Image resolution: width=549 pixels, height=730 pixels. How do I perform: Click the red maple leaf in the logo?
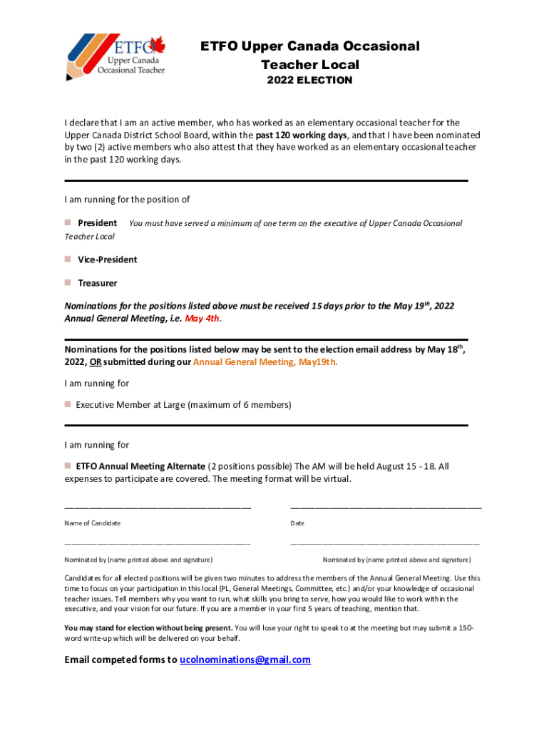coord(158,46)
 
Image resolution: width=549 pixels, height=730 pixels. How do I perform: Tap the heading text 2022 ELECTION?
coord(309,81)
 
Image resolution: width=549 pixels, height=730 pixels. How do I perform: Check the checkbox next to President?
coord(68,223)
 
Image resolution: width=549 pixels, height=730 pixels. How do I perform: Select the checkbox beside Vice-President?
coord(68,259)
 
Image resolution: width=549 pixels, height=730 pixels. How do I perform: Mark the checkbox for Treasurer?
coord(68,283)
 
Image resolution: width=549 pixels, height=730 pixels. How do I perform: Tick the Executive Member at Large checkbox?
coord(68,404)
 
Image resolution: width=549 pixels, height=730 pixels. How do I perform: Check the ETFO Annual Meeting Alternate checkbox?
coord(68,466)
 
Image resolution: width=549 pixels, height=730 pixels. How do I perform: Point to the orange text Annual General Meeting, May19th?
coord(265,361)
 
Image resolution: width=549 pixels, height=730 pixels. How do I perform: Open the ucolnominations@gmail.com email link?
coord(245,659)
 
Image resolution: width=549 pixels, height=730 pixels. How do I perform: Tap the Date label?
coord(297,523)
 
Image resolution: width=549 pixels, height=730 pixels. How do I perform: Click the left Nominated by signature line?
coord(158,545)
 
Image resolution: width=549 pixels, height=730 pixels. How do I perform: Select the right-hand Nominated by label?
coord(396,560)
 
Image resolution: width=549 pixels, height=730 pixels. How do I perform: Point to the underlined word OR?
coord(95,361)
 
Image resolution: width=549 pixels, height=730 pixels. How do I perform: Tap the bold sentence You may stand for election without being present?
coord(148,628)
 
